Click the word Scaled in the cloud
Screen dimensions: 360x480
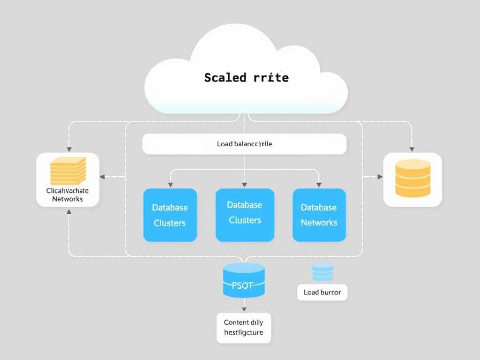pos(225,77)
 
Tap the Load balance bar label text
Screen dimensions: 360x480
pos(244,144)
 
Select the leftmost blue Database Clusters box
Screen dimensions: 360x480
pos(170,215)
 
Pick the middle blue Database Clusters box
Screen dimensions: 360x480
pos(245,215)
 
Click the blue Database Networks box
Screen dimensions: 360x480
pos(319,215)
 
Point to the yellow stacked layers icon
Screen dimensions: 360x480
pos(68,171)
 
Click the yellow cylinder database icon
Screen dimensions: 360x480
pos(412,178)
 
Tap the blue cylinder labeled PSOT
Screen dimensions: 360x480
pos(244,280)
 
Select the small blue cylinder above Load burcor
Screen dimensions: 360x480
pos(322,273)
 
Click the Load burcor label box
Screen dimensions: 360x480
pos(322,292)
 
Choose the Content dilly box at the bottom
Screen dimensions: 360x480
pos(244,328)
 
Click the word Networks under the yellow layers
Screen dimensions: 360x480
pos(67,199)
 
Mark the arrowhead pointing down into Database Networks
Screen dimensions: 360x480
pos(319,184)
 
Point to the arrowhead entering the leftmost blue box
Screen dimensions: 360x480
pos(170,184)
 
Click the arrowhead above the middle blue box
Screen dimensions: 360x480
pos(244,184)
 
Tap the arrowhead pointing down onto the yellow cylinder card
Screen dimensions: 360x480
pos(412,149)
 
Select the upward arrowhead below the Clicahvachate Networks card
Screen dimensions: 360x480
pos(69,212)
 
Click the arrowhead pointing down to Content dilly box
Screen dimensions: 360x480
pos(244,309)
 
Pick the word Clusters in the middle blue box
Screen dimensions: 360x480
pos(245,220)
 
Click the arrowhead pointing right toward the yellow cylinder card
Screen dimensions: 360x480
pos(379,177)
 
